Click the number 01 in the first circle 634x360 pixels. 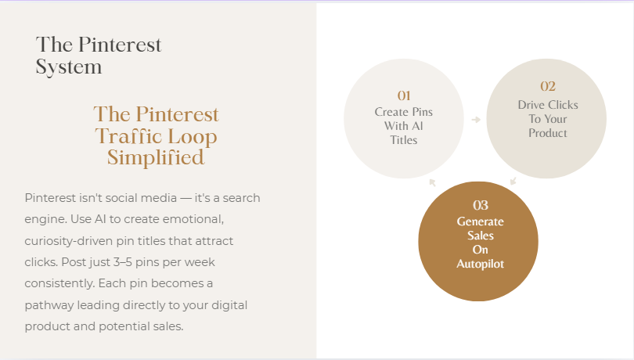click(x=404, y=95)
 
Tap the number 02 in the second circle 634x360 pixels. click(x=548, y=86)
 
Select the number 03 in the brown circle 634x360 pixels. click(x=481, y=206)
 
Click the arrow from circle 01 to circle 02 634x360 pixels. click(x=476, y=119)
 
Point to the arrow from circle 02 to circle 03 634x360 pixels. click(x=513, y=181)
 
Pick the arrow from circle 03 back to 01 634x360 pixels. click(x=432, y=182)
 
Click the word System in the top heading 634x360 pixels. click(x=69, y=67)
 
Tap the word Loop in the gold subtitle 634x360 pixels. click(x=192, y=137)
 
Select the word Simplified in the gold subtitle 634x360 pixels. click(x=156, y=157)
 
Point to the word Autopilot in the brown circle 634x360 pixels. click(x=481, y=265)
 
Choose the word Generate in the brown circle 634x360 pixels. click(x=481, y=221)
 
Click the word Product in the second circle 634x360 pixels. click(x=548, y=133)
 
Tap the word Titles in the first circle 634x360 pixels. click(x=404, y=140)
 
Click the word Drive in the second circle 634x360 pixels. click(x=531, y=105)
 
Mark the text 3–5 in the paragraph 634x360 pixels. click(x=123, y=262)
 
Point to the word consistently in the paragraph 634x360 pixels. click(x=59, y=283)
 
